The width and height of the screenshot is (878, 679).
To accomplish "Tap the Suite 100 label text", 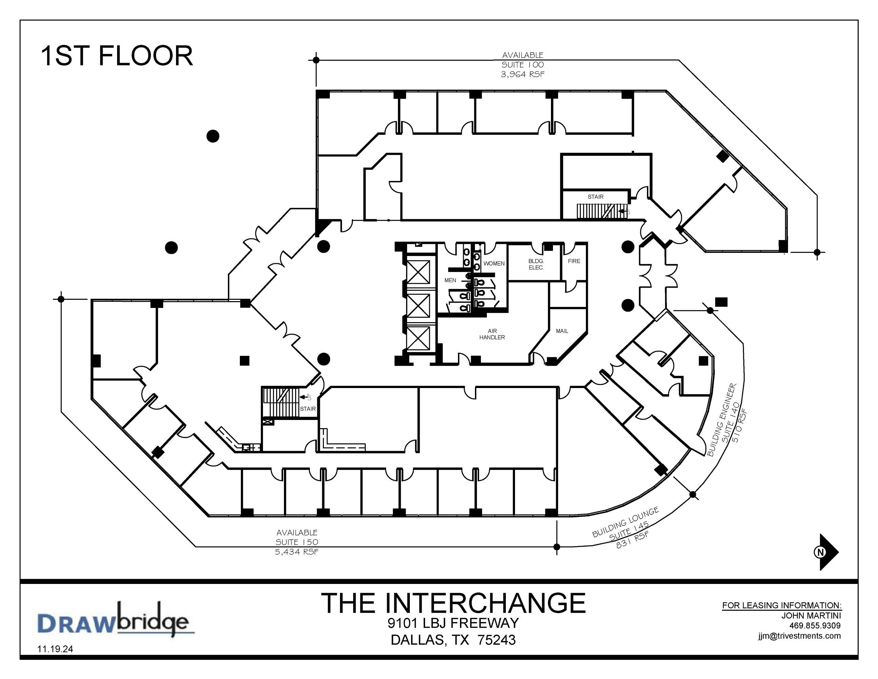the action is pyautogui.click(x=522, y=65).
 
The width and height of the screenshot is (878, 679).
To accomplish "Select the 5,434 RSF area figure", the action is pyautogui.click(x=297, y=552).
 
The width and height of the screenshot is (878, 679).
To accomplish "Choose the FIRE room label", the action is pyautogui.click(x=574, y=261).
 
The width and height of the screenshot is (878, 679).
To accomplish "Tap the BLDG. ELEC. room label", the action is pyautogui.click(x=536, y=264).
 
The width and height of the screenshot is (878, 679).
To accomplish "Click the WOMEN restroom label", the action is pyautogui.click(x=494, y=263).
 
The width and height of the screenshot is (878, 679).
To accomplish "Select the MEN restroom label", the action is pyautogui.click(x=450, y=280).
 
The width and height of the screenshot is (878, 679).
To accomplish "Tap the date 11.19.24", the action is pyautogui.click(x=55, y=649).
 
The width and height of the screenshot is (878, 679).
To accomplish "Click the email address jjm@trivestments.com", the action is pyautogui.click(x=800, y=636).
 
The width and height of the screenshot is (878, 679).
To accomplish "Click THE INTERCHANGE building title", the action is pyautogui.click(x=454, y=603).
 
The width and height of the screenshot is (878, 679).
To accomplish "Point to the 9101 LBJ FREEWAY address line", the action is pyautogui.click(x=454, y=623).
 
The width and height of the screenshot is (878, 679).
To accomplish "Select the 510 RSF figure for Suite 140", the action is pyautogui.click(x=741, y=426).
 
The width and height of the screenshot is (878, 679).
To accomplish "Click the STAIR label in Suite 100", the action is pyautogui.click(x=595, y=197).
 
